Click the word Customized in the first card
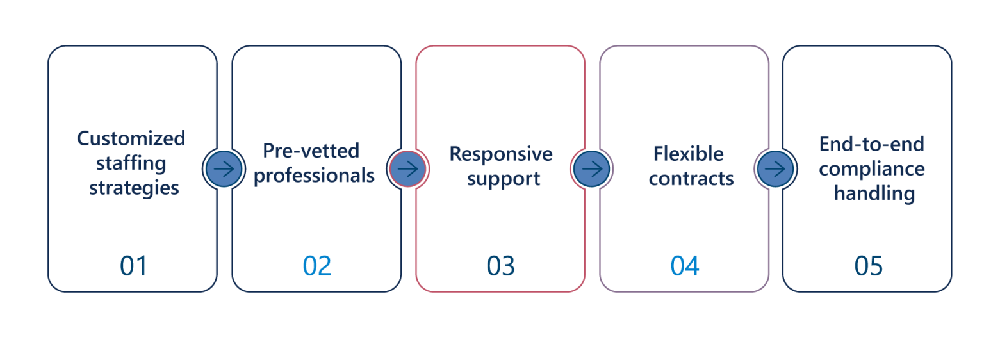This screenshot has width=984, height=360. (x=131, y=138)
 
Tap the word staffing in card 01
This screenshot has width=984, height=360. (x=131, y=163)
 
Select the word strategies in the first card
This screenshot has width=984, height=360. (x=134, y=188)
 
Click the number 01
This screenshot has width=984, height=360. (x=133, y=266)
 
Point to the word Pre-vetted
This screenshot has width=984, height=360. (x=311, y=151)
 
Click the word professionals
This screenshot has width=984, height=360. (x=314, y=175)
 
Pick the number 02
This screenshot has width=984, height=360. (x=317, y=266)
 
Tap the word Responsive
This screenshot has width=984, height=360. (x=500, y=154)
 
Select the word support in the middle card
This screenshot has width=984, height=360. (x=504, y=179)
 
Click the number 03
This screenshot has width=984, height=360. (x=500, y=266)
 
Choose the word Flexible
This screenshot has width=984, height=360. (x=689, y=154)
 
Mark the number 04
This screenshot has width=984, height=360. (x=684, y=266)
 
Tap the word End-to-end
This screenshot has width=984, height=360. (x=871, y=144)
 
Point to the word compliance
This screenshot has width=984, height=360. (x=872, y=169)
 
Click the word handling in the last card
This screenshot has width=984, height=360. (x=874, y=193)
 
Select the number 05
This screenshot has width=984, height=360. (x=868, y=266)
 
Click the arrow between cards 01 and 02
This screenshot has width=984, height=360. (x=224, y=169)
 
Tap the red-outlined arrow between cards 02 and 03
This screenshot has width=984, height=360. (x=407, y=169)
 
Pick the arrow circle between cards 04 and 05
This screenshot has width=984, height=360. (x=775, y=169)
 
